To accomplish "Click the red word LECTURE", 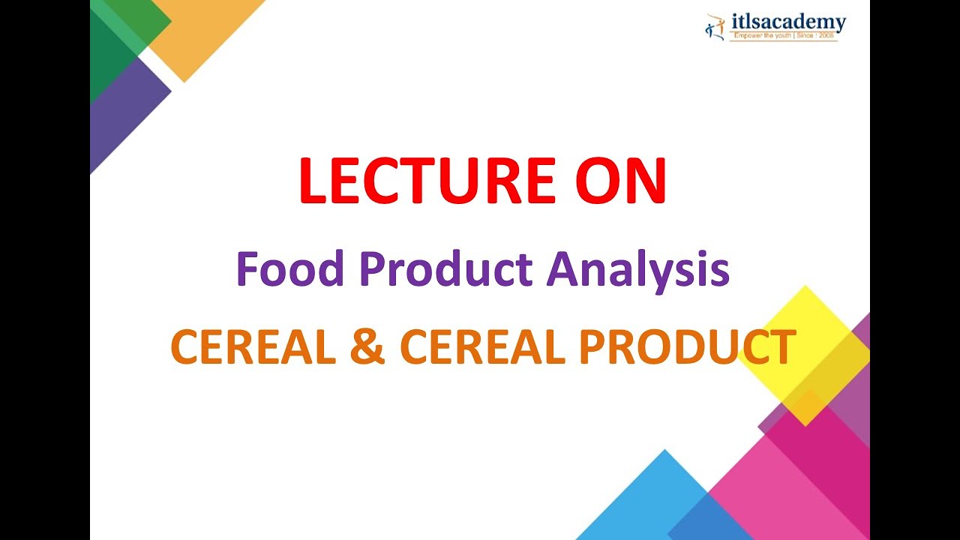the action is [427, 181].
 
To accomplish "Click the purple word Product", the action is [446, 268].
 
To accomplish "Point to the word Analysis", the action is [638, 272].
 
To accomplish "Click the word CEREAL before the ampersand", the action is [253, 346].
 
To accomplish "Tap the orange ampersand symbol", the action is [367, 346].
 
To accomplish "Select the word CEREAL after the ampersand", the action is [482, 346].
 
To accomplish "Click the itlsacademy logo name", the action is [788, 22].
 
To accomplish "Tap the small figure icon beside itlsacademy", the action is [715, 27].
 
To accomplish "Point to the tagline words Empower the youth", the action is [763, 36].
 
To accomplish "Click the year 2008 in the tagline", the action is [826, 36].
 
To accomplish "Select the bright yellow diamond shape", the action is [805, 355].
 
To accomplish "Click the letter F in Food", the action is [247, 268].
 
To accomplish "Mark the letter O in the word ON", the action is [596, 181].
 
